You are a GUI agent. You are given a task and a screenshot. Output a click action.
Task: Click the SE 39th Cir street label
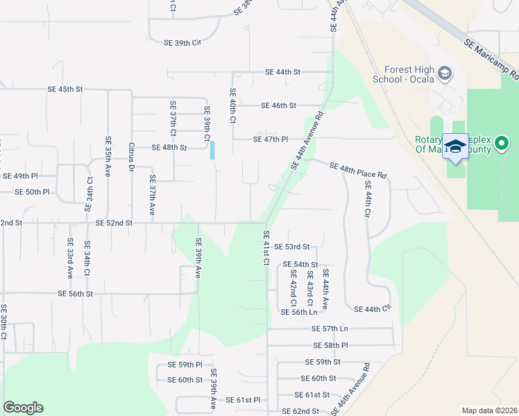182,43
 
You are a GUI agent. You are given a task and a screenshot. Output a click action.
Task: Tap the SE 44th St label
283,72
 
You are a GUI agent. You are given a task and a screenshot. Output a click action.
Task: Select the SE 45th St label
65,89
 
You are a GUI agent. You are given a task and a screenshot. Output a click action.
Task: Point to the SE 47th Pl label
271,139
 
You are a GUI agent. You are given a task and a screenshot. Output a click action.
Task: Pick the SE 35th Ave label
108,156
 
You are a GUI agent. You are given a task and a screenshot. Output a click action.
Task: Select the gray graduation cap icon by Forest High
445,73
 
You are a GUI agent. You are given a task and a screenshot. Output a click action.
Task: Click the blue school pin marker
455,147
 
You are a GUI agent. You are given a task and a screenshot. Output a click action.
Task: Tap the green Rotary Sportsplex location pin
502,144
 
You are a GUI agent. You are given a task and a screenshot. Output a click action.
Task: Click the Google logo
23,408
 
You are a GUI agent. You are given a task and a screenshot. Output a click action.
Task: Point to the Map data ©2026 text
489,410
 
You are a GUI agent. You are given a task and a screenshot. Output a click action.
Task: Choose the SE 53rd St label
291,247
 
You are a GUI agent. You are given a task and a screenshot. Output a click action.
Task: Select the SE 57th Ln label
330,329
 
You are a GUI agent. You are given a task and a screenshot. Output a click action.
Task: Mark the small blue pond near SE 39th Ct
212,150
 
